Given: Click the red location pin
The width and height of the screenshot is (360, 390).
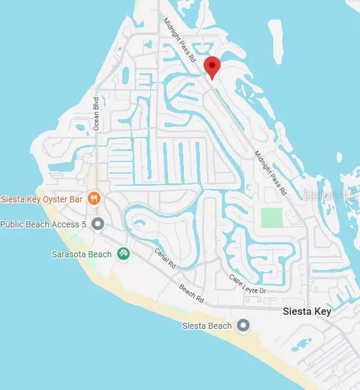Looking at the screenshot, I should [212, 67].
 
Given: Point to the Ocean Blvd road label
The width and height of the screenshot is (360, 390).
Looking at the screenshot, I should [96, 113].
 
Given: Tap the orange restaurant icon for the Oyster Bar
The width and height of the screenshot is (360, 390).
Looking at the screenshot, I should [94, 197].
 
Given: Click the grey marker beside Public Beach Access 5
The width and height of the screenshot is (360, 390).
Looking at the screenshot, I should [97, 224].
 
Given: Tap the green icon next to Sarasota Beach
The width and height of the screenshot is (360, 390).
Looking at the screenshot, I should [123, 253].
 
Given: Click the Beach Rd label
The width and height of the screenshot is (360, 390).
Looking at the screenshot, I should [191, 295].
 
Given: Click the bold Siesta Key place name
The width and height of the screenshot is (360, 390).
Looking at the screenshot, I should [307, 312].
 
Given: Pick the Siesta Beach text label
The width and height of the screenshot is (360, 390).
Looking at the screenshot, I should [207, 326].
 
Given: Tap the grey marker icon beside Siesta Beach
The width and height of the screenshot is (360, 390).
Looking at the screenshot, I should [244, 326].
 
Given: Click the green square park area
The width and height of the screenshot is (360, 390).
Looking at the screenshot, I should [272, 218].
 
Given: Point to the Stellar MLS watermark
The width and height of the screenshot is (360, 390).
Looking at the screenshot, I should [330, 196].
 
